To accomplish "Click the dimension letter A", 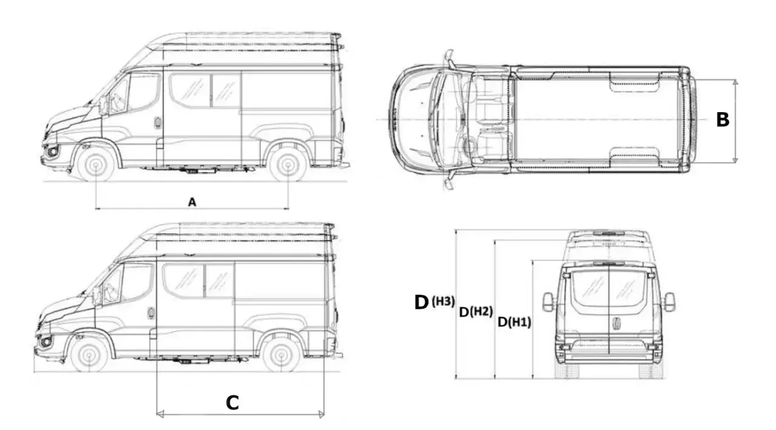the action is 192,202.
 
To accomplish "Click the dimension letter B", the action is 723,119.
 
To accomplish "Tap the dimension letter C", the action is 232,403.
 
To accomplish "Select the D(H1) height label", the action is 514,322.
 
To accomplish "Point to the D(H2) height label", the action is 476,312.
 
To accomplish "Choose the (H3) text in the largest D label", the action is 443,301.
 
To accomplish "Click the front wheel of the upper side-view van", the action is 96,166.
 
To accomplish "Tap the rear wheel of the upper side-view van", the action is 288,165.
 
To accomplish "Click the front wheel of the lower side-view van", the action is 89,355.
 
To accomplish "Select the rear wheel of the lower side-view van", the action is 281,355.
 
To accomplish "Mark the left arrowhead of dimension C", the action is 159,414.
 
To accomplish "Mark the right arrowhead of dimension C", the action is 321,414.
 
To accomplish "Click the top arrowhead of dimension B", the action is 735,82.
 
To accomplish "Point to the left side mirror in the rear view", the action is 548,302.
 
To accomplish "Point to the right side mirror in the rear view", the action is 669,302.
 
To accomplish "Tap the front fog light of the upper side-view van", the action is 53,152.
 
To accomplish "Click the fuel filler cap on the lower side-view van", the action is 151,313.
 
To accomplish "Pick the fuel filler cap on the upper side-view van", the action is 158,123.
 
